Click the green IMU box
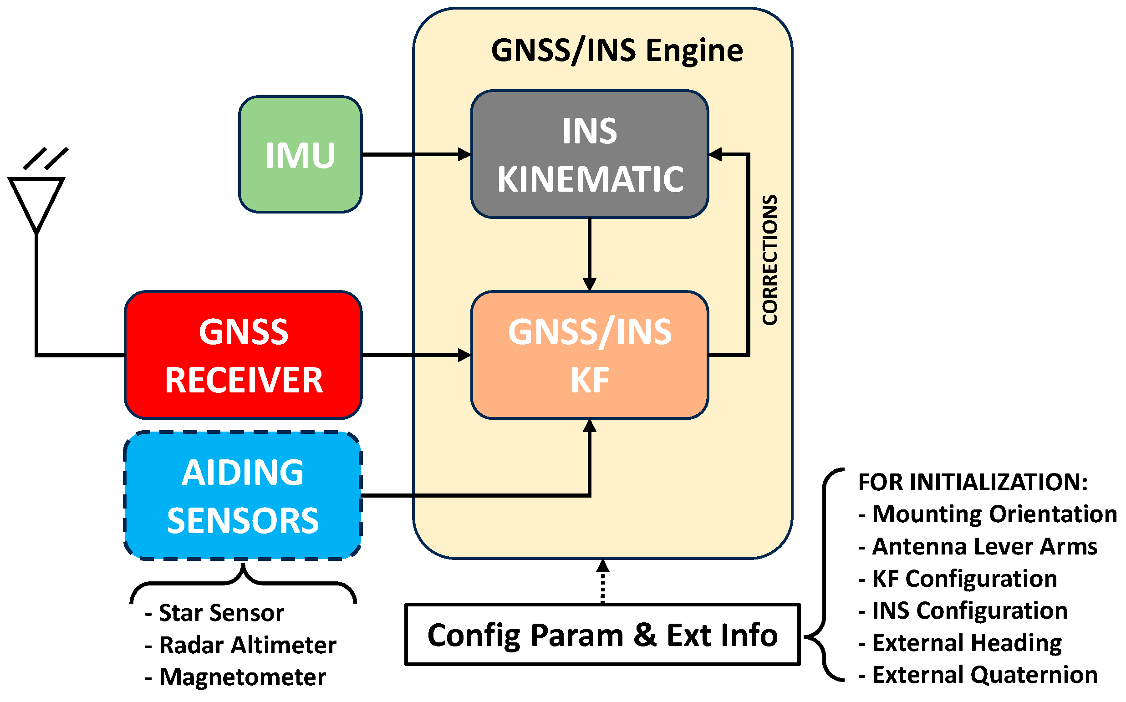pyautogui.click(x=300, y=155)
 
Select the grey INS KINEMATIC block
pyautogui.click(x=589, y=155)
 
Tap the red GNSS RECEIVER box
pyautogui.click(x=243, y=355)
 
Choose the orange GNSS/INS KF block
pyautogui.click(x=589, y=355)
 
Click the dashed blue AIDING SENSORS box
pyautogui.click(x=242, y=496)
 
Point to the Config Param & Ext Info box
pyautogui.click(x=602, y=635)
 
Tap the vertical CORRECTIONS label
pyautogui.click(x=770, y=260)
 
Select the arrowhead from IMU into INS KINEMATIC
pyautogui.click(x=464, y=155)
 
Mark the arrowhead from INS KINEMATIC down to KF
pyautogui.click(x=589, y=284)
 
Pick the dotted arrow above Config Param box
pyautogui.click(x=602, y=580)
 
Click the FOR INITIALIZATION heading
pyautogui.click(x=973, y=483)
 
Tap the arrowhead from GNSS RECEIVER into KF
pyautogui.click(x=464, y=355)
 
